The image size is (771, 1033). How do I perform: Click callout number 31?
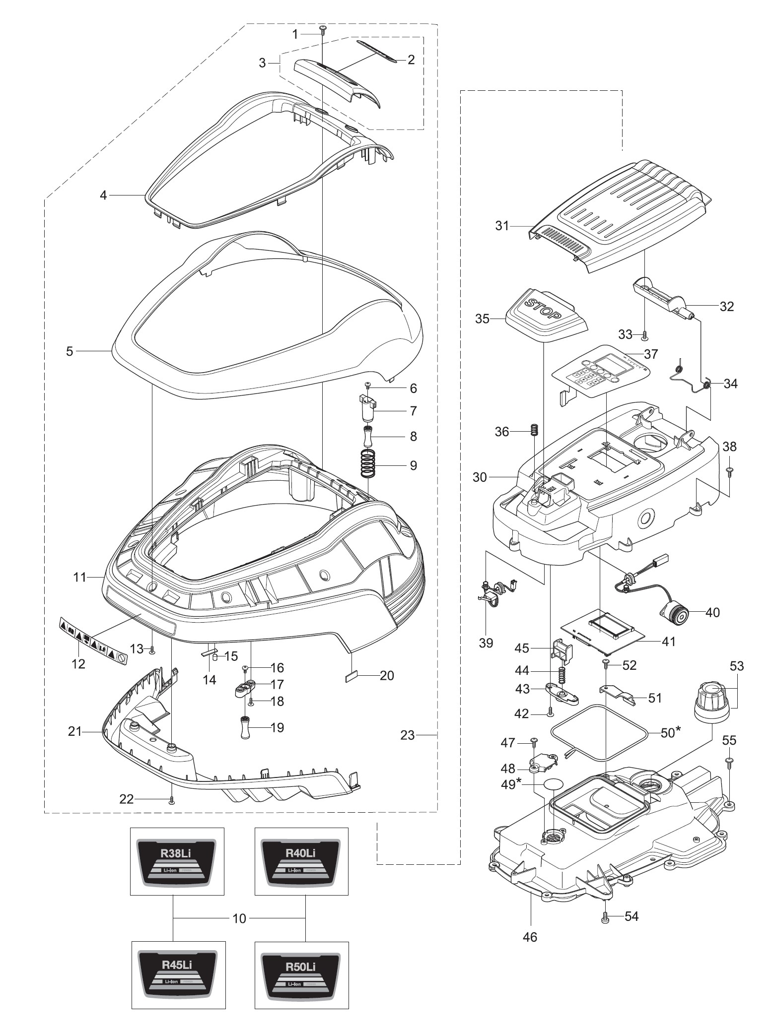[x=502, y=226]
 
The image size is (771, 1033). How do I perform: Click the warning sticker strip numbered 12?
[x=93, y=631]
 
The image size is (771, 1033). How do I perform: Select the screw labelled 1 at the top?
[x=322, y=30]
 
